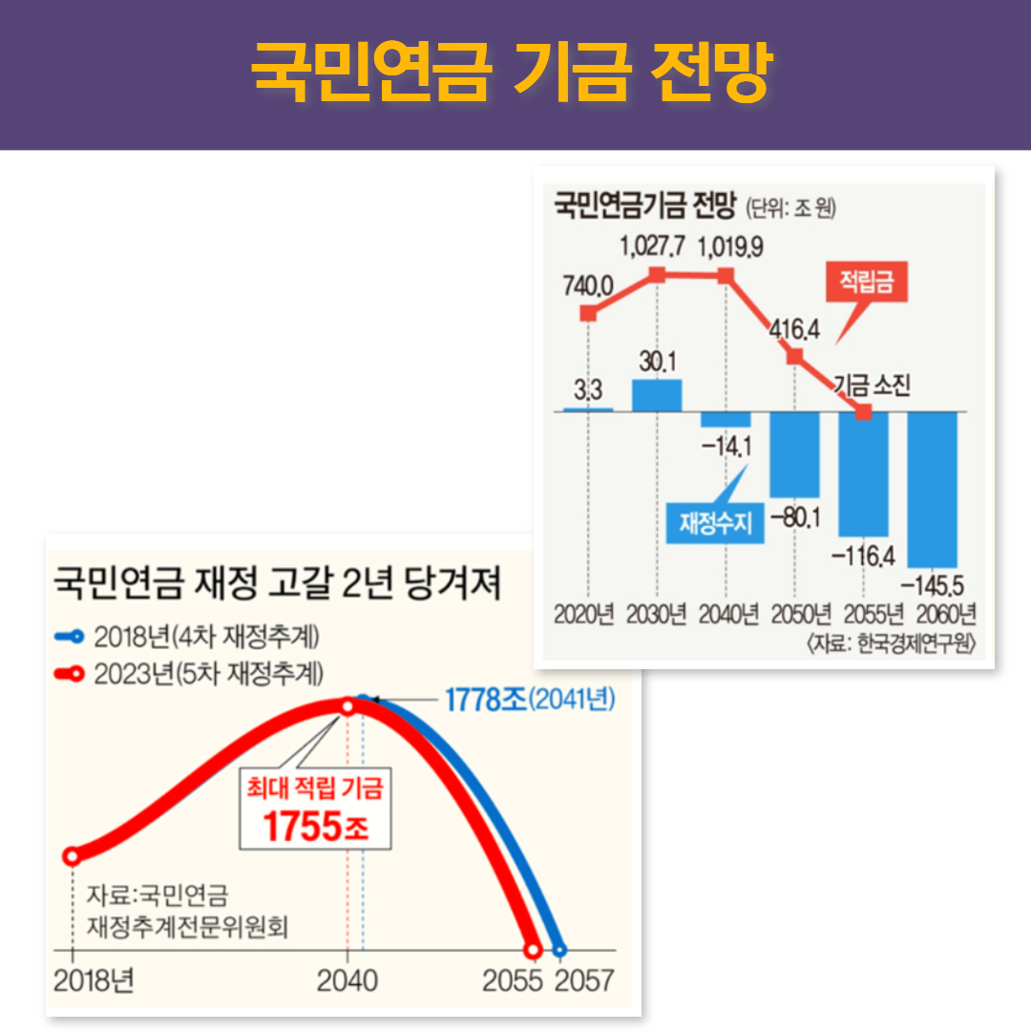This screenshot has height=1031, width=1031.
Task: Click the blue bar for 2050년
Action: click(794, 454)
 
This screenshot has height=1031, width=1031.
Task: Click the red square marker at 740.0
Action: click(588, 313)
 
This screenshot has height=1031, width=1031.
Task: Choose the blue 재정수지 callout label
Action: click(716, 523)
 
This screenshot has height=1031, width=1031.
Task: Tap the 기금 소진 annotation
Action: click(873, 385)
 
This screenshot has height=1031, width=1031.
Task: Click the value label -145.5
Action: click(933, 579)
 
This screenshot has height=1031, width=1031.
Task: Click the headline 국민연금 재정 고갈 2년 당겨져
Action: click(277, 582)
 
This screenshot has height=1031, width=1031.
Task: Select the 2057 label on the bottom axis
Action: click(584, 981)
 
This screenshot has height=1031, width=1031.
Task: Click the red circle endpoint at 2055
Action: click(533, 951)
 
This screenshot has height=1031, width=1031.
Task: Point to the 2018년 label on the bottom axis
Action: click(94, 981)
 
